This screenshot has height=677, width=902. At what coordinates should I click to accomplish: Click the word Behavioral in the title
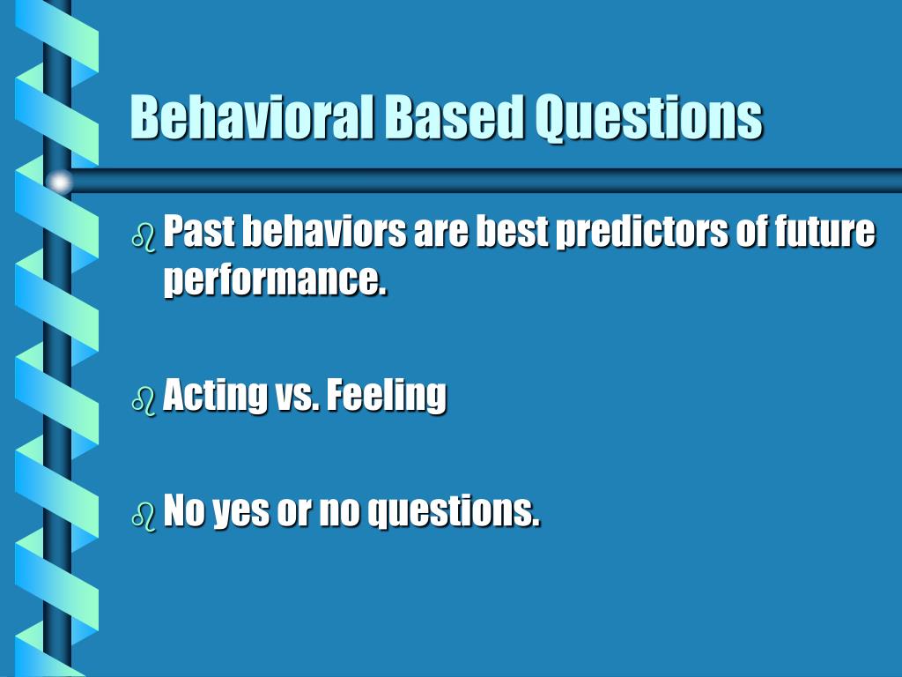[x=253, y=117]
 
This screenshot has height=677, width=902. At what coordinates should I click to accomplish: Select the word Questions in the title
[x=649, y=119]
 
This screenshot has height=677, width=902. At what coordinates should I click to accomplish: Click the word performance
[x=275, y=281]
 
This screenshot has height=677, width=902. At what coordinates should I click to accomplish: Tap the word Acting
[x=215, y=397]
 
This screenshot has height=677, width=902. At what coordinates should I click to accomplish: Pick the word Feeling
[x=387, y=397]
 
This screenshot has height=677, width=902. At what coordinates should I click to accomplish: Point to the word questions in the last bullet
[x=454, y=512]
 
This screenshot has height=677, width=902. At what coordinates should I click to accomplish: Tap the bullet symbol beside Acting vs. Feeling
[x=144, y=401]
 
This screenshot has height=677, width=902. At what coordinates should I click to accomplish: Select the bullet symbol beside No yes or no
[x=144, y=515]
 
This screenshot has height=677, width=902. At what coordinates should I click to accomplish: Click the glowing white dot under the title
[x=59, y=182]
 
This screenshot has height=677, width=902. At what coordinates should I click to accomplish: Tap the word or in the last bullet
[x=294, y=514]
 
